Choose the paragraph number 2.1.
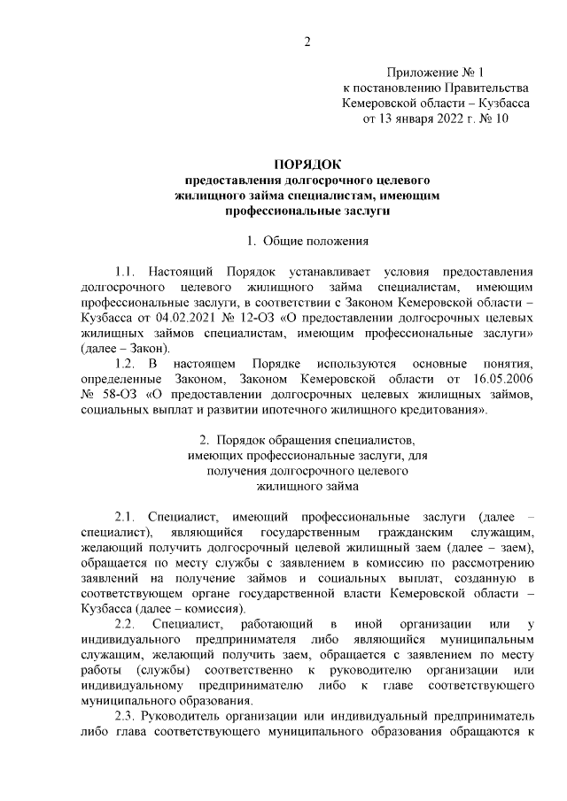[x=127, y=516]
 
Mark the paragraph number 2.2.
[x=127, y=626]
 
